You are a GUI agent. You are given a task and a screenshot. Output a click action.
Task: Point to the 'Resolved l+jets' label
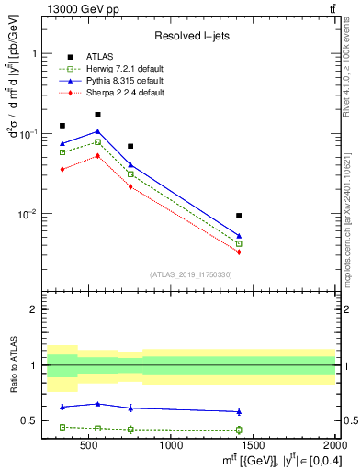pyautogui.click(x=191, y=35)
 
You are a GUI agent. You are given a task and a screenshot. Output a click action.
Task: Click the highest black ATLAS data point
pyautogui.click(x=97, y=115)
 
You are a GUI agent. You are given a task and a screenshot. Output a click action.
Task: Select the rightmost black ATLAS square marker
pyautogui.click(x=239, y=216)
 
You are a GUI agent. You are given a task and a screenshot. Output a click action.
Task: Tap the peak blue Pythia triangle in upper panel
pyautogui.click(x=97, y=131)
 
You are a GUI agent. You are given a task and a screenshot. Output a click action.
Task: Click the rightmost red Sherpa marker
pyautogui.click(x=239, y=252)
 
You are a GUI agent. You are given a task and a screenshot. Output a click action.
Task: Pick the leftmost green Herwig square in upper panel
pyautogui.click(x=62, y=152)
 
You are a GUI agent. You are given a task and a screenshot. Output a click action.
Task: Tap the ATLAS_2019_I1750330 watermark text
pyautogui.click(x=191, y=274)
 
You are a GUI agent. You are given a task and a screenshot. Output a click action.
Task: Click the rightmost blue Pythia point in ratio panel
pyautogui.click(x=239, y=411)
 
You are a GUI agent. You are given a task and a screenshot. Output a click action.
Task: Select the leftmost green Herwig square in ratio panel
pyautogui.click(x=62, y=427)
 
